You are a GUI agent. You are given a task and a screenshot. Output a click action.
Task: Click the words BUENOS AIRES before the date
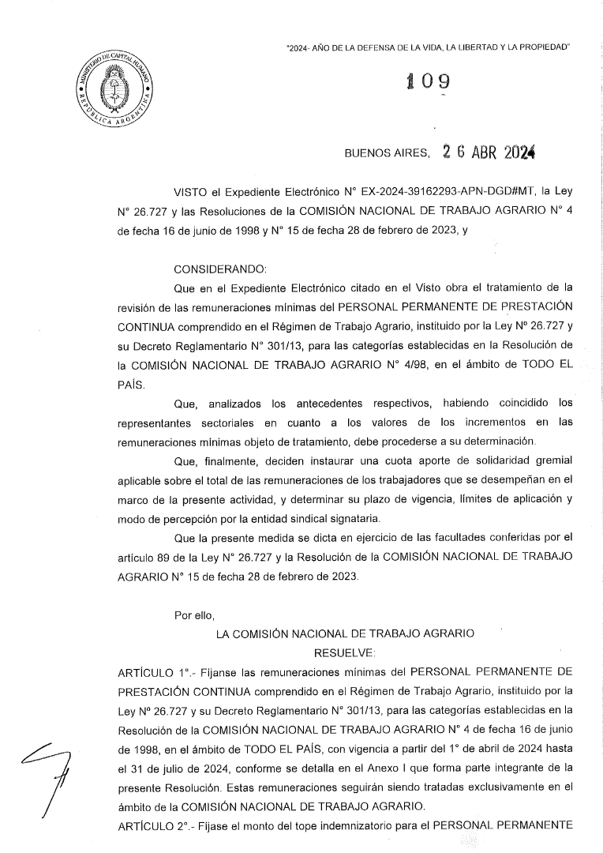[387, 155]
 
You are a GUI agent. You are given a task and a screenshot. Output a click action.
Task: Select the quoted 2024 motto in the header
[428, 48]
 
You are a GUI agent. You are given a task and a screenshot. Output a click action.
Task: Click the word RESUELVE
[344, 653]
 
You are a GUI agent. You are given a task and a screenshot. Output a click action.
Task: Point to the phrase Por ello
[194, 614]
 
